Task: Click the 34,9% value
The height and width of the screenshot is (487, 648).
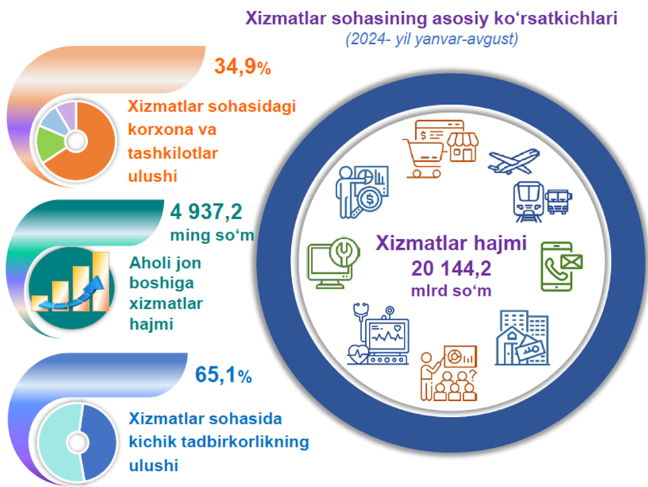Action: point(243,66)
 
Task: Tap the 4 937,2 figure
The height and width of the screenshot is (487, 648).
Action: point(206,212)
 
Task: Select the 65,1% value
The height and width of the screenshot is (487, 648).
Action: point(223,374)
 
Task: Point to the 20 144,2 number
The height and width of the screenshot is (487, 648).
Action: point(451,268)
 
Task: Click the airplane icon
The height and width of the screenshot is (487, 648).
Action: point(514,161)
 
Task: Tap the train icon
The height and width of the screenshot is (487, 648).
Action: point(529,201)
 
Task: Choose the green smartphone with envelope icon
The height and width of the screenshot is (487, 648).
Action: point(562,266)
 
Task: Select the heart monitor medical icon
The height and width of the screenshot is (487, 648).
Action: point(378,334)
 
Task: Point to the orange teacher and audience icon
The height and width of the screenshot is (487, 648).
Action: point(449,373)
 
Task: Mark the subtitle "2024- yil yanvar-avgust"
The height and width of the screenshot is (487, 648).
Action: point(432,39)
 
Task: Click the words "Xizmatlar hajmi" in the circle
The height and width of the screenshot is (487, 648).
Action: point(451,243)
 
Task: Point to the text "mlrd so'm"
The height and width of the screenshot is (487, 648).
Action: point(451,291)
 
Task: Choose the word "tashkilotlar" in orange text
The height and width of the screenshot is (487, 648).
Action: point(173,153)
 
